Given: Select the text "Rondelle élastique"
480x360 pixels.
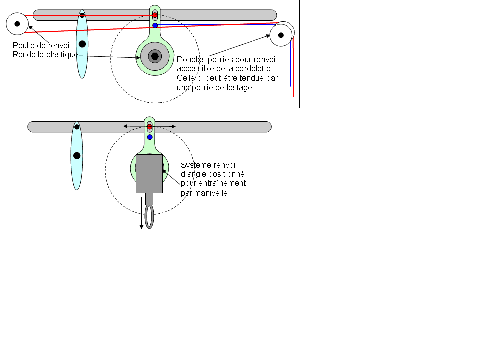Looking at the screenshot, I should coord(45,54).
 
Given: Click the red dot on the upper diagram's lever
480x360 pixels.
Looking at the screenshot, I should coord(155,15).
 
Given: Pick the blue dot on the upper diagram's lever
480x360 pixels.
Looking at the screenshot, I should coord(155,25).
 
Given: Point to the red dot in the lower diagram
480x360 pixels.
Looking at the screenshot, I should coord(149,127).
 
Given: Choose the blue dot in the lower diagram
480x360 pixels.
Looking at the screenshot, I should coord(149,137).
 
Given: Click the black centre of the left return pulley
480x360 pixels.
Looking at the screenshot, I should coord(17,23).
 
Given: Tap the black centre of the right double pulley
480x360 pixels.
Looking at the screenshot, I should coord(281,35).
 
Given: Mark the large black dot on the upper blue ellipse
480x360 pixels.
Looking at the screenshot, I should coord(82,44).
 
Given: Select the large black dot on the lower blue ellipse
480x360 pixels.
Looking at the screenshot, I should coord(77,156).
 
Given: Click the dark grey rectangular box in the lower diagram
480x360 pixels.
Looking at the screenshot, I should coord(149,174).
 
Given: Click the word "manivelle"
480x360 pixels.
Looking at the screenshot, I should coord(212,193).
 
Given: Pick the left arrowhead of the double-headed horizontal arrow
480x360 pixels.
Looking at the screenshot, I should coord(126,127).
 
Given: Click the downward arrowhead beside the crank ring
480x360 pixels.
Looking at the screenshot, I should coord(141,227).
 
